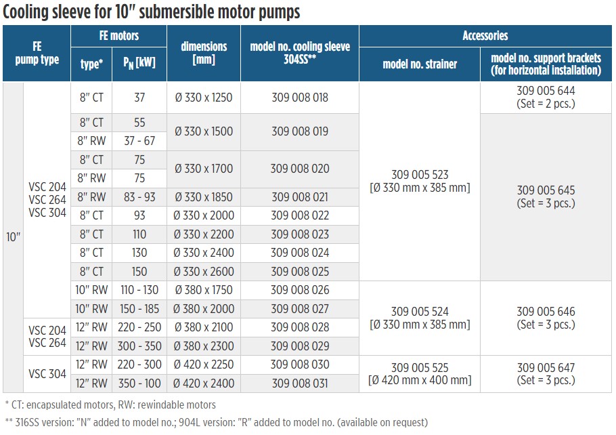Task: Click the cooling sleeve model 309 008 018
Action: tap(299, 98)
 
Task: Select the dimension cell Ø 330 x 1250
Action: tap(203, 98)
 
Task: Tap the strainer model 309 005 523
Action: tap(420, 175)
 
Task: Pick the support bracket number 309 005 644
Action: tap(546, 91)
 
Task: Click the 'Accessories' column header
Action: tap(485, 36)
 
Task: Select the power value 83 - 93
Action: tap(139, 197)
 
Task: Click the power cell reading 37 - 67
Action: tap(139, 141)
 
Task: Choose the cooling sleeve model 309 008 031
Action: tap(299, 384)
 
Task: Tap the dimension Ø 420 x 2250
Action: tap(203, 365)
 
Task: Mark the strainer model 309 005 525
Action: tap(420, 368)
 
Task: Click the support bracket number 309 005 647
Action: tap(546, 368)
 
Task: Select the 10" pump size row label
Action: tap(14, 239)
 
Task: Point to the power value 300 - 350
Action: tap(139, 346)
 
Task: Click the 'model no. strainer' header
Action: tap(420, 64)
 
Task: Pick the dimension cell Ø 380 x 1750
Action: tap(203, 290)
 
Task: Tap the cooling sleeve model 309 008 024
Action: tap(299, 253)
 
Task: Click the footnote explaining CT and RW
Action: tap(110, 405)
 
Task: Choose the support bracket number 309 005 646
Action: tap(546, 312)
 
